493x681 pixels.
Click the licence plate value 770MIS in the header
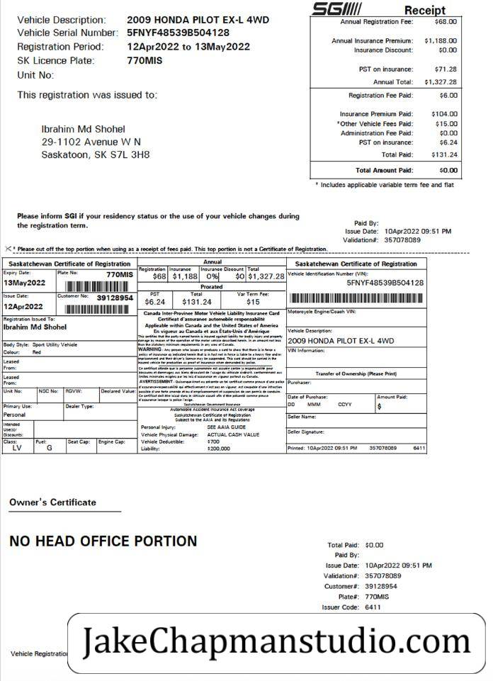[x=146, y=61]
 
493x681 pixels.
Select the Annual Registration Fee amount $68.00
[x=446, y=22]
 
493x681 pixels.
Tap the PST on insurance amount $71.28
[x=445, y=69]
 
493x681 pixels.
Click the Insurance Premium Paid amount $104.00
[x=443, y=114]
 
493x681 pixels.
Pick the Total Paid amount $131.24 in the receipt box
[x=443, y=154]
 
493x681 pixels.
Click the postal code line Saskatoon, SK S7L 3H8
[x=96, y=155]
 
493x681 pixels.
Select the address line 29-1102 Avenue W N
[x=91, y=142]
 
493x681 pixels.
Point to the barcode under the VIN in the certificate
[x=356, y=298]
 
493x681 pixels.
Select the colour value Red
[x=37, y=352]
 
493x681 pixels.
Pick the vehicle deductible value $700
[x=213, y=441]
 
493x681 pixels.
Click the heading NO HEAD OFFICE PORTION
[x=103, y=541]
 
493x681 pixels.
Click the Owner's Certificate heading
[x=52, y=502]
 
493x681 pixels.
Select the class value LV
[x=18, y=448]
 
